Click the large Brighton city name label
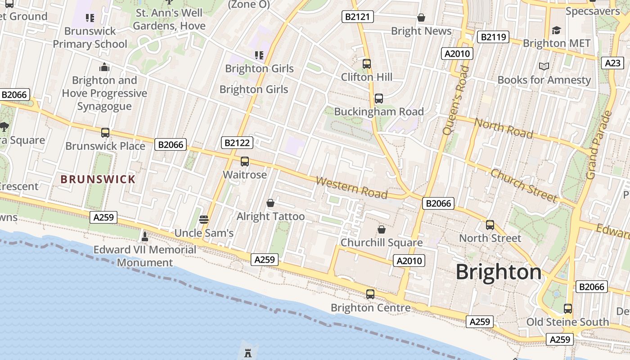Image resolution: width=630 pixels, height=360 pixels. (499, 272)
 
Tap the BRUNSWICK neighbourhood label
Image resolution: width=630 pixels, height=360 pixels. (98, 179)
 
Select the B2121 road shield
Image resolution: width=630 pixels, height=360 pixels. (358, 17)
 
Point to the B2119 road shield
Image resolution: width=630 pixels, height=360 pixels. (493, 37)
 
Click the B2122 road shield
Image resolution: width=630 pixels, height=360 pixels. (237, 143)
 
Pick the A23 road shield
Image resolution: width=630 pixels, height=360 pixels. (612, 63)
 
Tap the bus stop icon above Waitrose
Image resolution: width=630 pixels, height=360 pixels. (245, 161)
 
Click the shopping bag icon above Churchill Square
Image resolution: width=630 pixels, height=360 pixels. (382, 229)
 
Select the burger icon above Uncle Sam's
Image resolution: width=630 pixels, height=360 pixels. (204, 220)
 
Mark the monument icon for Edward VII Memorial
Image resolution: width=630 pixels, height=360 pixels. (145, 236)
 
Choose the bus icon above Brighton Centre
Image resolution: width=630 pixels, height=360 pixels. (370, 294)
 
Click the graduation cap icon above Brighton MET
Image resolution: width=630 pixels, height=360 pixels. (557, 30)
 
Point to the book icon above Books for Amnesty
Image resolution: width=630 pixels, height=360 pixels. (544, 67)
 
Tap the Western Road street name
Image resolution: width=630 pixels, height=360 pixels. (351, 188)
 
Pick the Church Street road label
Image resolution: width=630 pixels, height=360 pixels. (524, 185)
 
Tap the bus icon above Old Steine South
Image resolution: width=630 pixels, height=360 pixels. (568, 309)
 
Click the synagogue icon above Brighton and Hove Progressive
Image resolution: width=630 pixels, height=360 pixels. (104, 67)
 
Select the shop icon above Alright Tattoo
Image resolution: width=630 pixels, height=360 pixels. (270, 203)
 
